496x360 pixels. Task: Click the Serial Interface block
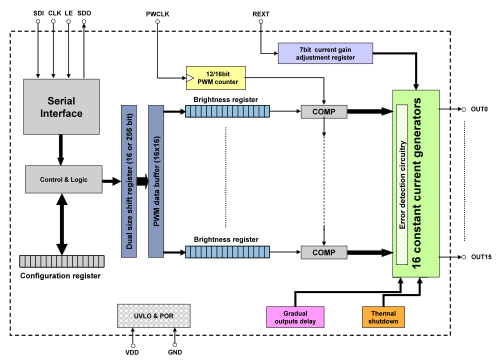click(61, 107)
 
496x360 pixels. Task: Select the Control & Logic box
click(64, 179)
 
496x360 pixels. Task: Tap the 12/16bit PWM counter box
click(216, 78)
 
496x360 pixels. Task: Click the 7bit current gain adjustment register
click(325, 53)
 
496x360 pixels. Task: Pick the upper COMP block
click(324, 112)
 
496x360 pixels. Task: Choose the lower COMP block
click(324, 252)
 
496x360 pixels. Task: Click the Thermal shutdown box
click(383, 317)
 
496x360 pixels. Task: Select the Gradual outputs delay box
click(295, 317)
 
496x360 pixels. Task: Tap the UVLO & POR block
click(154, 316)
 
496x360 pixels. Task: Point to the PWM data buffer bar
click(156, 181)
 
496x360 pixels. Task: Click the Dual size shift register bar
click(129, 181)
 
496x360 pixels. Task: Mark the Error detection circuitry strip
click(402, 184)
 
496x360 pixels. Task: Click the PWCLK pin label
click(157, 14)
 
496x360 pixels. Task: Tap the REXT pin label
click(261, 14)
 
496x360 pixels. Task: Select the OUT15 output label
click(481, 257)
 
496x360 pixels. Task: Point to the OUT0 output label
click(479, 109)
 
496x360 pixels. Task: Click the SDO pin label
click(84, 13)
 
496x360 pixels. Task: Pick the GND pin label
click(175, 352)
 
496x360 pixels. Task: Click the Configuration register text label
click(60, 276)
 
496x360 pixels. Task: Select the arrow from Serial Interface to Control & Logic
click(61, 150)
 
